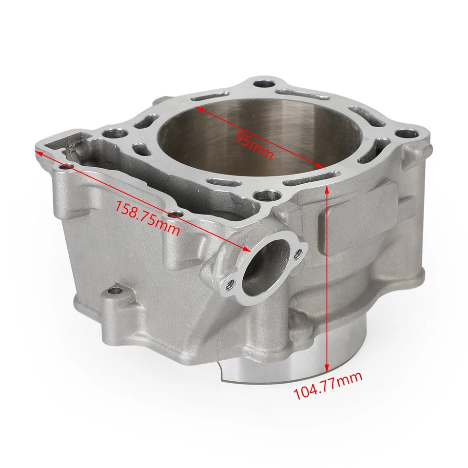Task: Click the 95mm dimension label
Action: pyautogui.click(x=253, y=144)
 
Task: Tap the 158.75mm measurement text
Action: pyautogui.click(x=147, y=217)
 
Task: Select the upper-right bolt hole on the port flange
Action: pyautogui.click(x=299, y=252)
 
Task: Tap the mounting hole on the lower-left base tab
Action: pyautogui.click(x=115, y=291)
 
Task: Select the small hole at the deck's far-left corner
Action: pyautogui.click(x=67, y=168)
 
